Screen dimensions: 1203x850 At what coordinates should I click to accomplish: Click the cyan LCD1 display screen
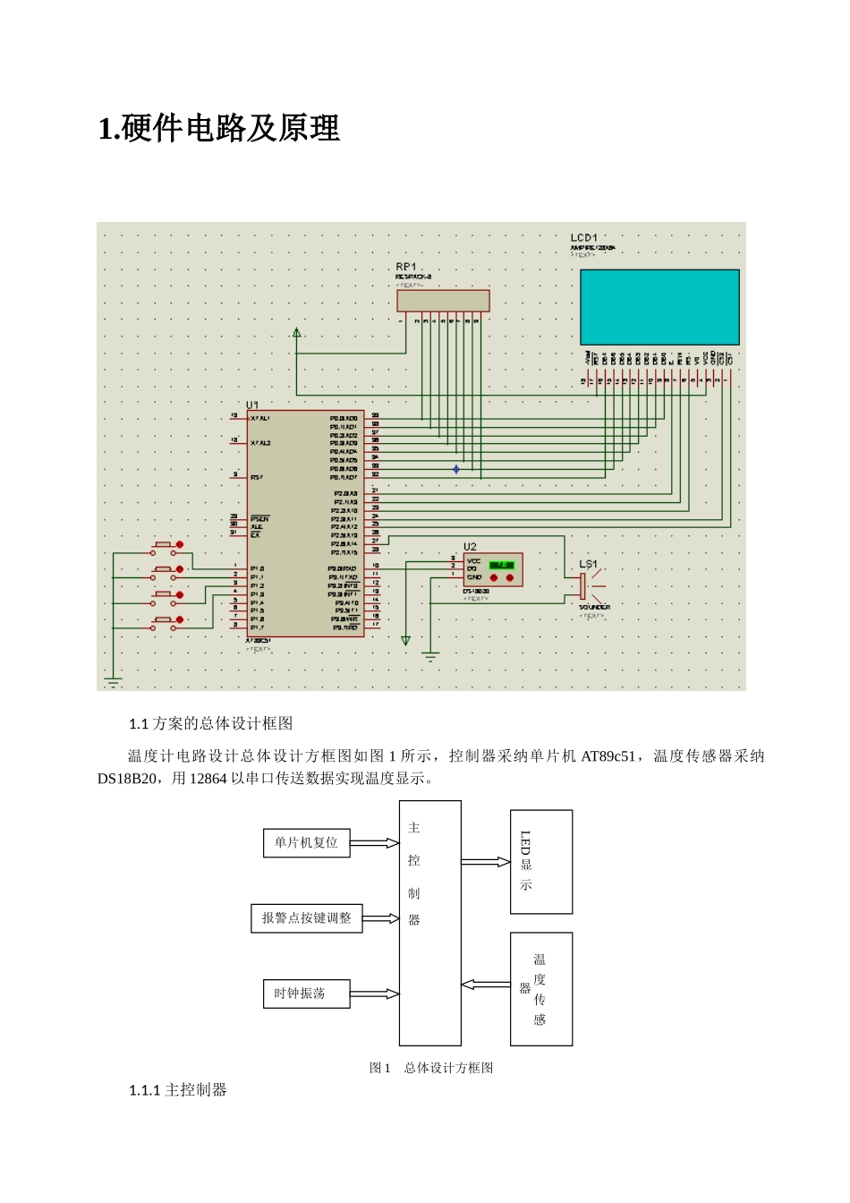click(x=659, y=307)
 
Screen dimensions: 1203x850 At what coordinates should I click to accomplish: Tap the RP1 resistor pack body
click(x=443, y=301)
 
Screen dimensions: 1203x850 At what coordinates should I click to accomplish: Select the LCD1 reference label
click(x=583, y=238)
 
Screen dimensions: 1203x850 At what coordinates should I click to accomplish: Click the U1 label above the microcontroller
click(x=252, y=405)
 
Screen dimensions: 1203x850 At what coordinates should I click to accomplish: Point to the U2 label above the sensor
click(x=470, y=546)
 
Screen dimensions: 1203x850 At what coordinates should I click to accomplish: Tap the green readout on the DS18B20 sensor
click(x=501, y=565)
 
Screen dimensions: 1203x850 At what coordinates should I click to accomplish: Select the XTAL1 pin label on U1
click(x=260, y=418)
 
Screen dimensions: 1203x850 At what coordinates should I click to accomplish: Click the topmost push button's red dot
click(x=180, y=544)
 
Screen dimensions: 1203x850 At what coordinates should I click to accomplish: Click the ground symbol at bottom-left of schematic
click(x=113, y=681)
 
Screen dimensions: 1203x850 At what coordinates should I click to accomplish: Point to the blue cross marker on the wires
click(x=456, y=469)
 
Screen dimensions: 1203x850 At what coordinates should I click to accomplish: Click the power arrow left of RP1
click(x=297, y=334)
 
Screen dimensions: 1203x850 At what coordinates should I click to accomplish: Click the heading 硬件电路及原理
click(x=219, y=129)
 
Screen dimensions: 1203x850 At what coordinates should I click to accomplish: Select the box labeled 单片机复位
click(x=306, y=843)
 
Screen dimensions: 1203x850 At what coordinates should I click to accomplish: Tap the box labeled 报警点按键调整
click(x=306, y=918)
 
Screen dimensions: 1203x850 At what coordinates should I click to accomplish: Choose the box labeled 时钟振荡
click(x=306, y=994)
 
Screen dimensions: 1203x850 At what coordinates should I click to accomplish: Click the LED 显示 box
click(x=540, y=861)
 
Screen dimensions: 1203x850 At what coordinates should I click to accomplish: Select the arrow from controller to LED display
click(x=485, y=862)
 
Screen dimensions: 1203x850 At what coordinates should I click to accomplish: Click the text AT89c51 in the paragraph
click(x=608, y=756)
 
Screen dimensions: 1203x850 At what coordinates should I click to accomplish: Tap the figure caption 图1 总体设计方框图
click(x=431, y=1068)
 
